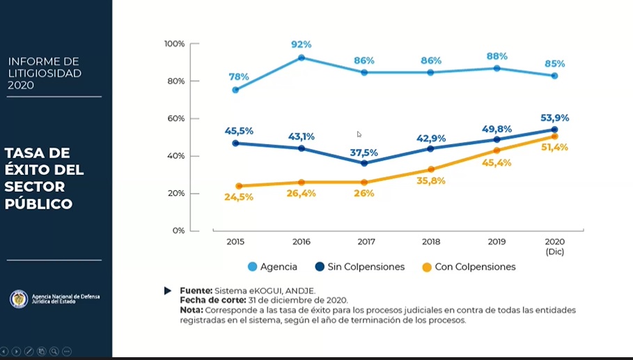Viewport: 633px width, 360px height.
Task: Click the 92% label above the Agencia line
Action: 301,45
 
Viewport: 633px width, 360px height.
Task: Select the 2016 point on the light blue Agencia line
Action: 301,58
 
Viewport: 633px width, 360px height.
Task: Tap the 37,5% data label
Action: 364,153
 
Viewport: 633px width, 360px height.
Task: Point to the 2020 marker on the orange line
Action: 554,136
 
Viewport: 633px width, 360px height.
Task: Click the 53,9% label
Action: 554,117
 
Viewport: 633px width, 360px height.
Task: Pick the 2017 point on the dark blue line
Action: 364,164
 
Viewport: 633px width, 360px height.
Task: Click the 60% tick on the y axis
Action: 175,118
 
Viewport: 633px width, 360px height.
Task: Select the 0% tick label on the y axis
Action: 178,230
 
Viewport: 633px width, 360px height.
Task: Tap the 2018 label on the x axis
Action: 431,242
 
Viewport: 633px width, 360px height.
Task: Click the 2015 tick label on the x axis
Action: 235,242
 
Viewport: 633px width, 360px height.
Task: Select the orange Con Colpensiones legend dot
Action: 426,267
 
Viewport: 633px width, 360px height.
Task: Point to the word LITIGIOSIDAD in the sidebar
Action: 45,73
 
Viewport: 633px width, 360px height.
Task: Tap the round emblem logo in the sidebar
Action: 19,299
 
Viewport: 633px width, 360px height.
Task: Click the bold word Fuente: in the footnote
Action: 196,290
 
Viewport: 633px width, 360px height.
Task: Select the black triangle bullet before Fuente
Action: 168,290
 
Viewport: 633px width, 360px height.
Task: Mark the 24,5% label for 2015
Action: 239,197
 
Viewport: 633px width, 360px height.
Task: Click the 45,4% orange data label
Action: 497,163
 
